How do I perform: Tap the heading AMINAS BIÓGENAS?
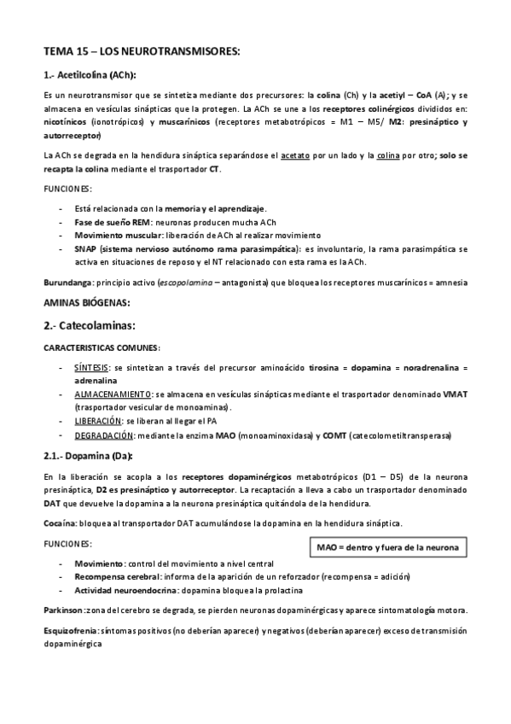pos(86,302)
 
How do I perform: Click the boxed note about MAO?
pos(386,546)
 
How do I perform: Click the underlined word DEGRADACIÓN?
pos(103,435)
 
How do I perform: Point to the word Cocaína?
pos(60,523)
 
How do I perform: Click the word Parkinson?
pos(63,611)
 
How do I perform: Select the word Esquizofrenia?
pos(70,632)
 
